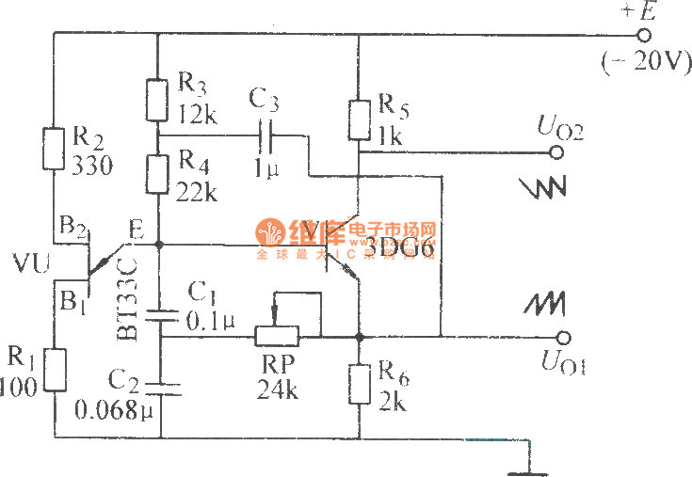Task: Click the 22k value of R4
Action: pyautogui.click(x=197, y=193)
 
